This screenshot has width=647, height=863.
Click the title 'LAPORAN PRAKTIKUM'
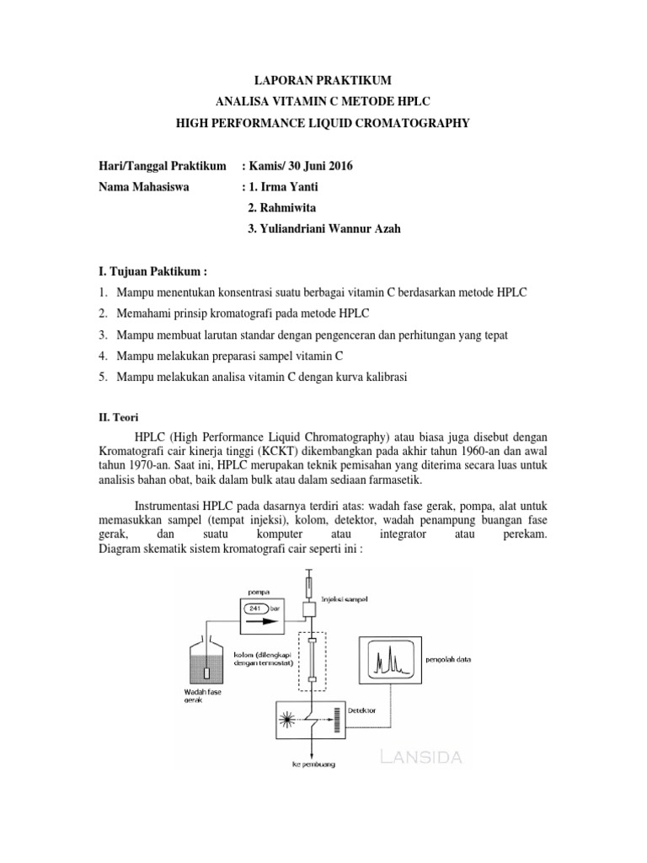tap(323, 81)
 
